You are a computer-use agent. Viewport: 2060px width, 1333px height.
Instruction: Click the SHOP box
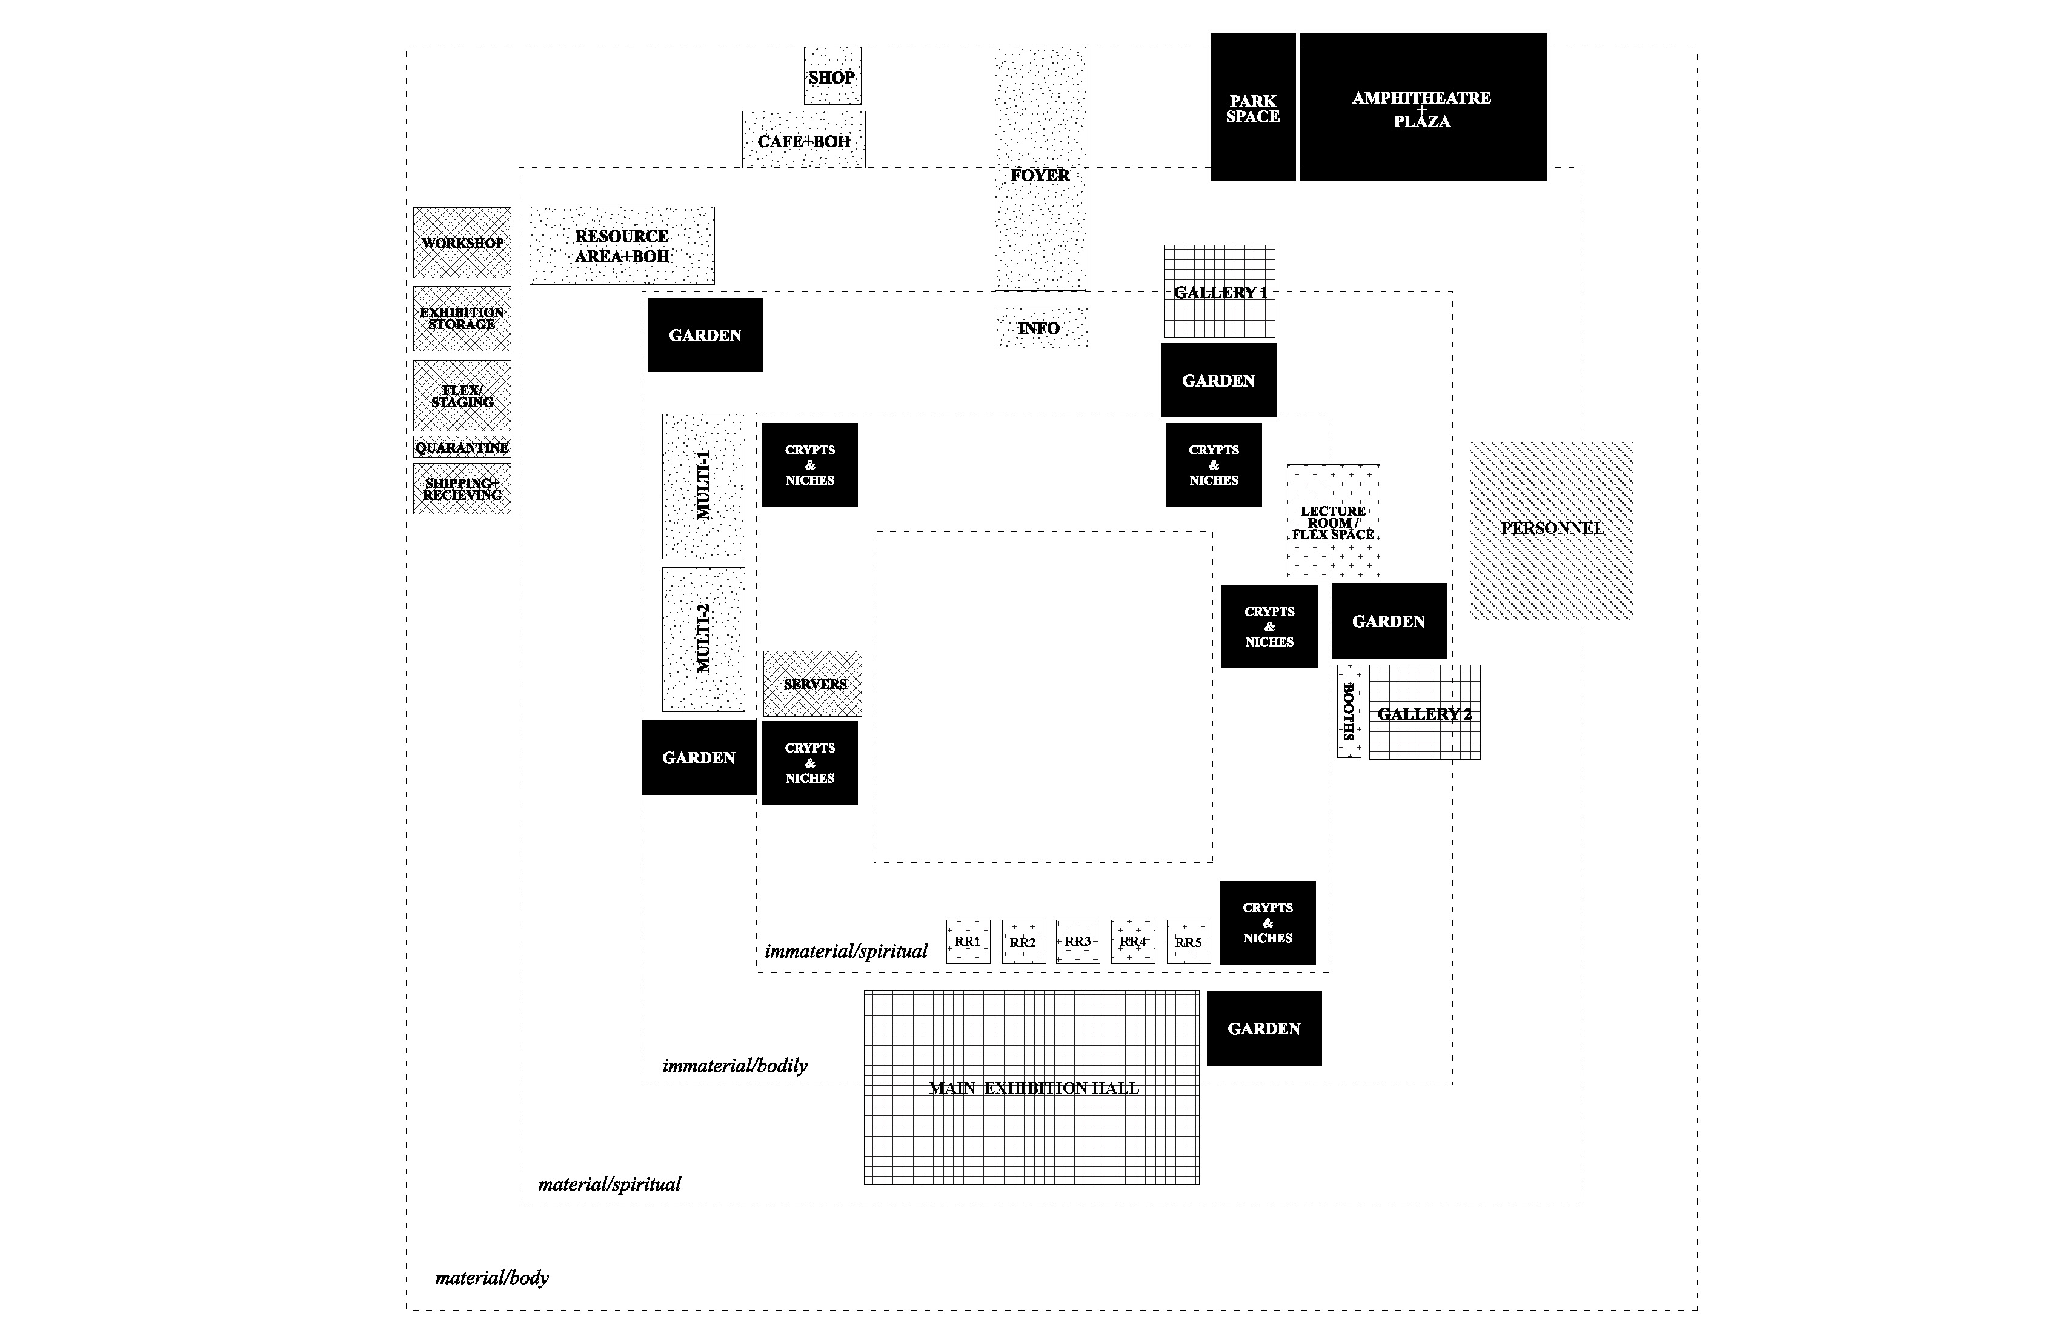pos(832,76)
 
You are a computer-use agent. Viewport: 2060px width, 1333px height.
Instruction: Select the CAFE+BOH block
pos(803,140)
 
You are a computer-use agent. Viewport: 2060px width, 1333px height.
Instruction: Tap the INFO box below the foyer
pos(1042,328)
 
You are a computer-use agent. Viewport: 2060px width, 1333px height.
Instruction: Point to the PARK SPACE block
pos(1252,107)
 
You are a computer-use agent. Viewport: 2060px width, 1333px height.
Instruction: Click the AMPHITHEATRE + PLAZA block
pos(1422,107)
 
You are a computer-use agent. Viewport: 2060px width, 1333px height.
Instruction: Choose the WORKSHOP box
pos(461,242)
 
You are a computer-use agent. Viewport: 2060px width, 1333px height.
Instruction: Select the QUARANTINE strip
pos(461,448)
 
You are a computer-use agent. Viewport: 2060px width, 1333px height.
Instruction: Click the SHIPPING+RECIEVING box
pos(461,489)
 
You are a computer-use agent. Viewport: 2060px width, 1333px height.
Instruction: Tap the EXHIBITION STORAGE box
pos(461,317)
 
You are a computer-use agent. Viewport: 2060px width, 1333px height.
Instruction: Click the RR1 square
pos(968,942)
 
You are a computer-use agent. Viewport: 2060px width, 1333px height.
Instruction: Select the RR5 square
pos(1188,942)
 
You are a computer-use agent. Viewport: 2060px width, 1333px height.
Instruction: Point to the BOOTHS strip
pos(1349,711)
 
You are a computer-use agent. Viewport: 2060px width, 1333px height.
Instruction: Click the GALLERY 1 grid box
pos(1218,291)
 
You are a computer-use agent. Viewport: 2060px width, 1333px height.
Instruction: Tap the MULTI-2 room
pos(703,639)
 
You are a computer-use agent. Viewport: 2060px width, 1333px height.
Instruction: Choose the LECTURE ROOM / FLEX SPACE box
pos(1333,521)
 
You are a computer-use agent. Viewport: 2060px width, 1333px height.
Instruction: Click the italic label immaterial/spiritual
pos(846,951)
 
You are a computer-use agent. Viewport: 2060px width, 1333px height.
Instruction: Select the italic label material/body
pos(491,1278)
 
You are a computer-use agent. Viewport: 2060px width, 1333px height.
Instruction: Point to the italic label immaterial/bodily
pos(735,1066)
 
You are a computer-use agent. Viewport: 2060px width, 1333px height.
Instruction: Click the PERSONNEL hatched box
pos(1551,531)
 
